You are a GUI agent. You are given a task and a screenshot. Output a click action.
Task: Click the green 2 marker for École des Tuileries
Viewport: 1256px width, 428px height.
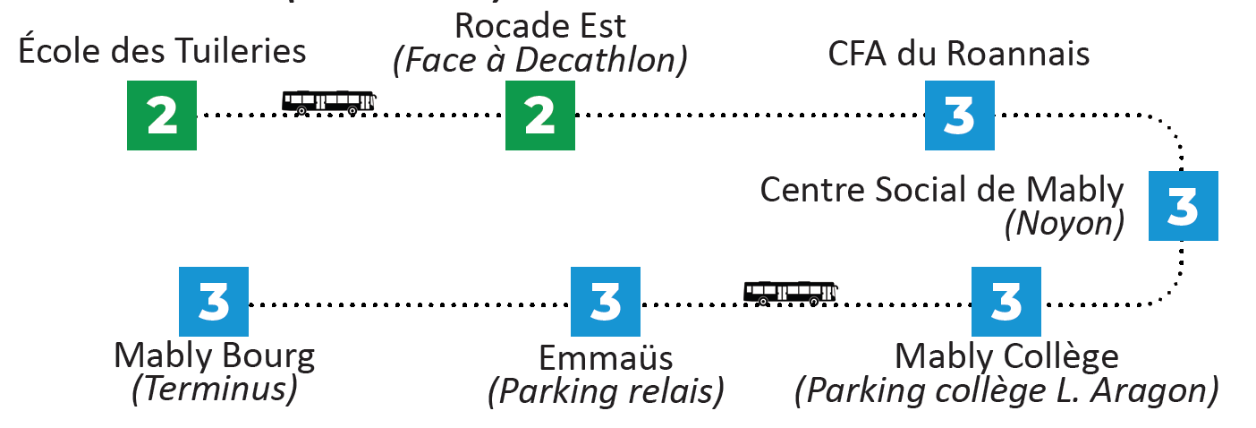(161, 116)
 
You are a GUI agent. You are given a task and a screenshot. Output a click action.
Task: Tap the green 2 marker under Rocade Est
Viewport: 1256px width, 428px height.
(539, 116)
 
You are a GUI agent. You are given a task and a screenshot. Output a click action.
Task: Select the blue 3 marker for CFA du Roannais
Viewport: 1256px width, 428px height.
(959, 116)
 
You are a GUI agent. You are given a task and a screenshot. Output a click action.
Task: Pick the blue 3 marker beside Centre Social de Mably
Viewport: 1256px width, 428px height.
(1184, 206)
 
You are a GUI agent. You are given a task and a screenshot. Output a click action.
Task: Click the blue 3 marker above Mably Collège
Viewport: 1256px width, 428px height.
(1006, 302)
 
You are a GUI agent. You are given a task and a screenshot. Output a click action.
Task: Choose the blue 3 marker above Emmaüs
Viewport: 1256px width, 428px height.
(606, 302)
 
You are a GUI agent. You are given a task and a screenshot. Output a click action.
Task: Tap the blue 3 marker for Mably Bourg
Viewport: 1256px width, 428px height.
(214, 302)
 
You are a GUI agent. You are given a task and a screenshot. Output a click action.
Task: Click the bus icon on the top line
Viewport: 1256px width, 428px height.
(328, 102)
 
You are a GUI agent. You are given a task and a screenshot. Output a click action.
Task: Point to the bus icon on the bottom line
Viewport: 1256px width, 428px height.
(790, 293)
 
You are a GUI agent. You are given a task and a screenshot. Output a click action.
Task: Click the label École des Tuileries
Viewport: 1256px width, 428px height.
(162, 50)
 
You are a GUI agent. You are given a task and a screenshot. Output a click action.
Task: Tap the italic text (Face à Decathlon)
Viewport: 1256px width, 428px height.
(540, 59)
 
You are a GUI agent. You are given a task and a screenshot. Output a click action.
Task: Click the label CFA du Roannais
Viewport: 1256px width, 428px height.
(959, 54)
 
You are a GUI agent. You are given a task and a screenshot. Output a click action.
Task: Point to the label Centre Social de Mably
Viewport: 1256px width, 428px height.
(941, 190)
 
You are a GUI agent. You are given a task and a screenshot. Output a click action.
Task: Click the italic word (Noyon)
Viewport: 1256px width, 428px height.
(1064, 224)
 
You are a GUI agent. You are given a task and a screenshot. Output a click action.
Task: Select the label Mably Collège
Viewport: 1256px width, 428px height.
(1006, 356)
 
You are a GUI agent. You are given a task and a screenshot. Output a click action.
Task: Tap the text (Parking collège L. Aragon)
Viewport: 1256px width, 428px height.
(1006, 391)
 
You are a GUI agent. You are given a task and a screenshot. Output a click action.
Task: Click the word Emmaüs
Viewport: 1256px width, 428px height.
(606, 358)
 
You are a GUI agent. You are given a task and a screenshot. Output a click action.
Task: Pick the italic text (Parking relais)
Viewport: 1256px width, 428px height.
(606, 392)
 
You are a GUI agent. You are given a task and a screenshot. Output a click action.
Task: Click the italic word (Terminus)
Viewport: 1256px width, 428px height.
(214, 390)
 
